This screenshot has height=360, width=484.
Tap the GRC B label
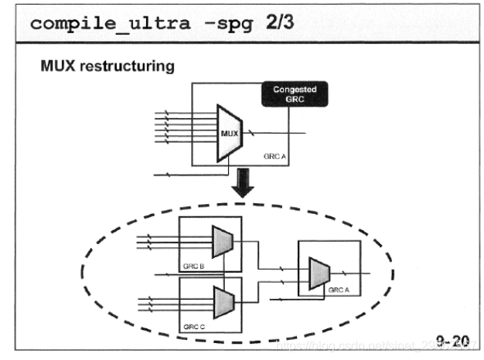[x=193, y=266]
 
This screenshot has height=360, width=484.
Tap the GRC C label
[x=193, y=327]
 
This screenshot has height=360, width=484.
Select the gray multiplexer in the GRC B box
[x=223, y=243]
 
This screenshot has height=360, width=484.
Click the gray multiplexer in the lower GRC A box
[x=319, y=272]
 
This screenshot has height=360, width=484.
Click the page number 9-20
[x=453, y=340]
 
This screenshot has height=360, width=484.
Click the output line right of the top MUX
[x=278, y=134]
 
